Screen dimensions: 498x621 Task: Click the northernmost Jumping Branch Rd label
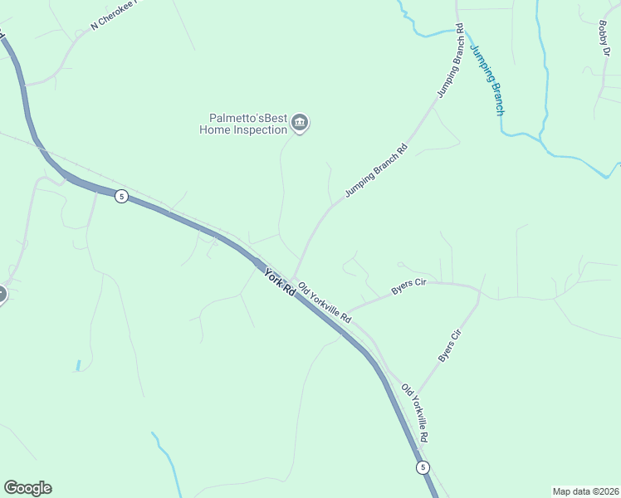449,61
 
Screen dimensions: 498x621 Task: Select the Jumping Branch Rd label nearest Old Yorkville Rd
376,170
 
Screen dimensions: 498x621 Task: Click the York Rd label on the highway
280,282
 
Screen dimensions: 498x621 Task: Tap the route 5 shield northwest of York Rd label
122,197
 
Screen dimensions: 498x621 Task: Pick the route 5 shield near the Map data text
423,467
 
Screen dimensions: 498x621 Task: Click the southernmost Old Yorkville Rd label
415,413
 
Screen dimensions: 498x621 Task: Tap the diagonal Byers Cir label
449,345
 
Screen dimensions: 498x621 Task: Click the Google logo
27,488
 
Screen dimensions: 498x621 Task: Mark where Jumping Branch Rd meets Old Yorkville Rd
291,281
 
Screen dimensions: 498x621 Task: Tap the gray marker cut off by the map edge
2,294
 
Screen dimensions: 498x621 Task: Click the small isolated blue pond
78,365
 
